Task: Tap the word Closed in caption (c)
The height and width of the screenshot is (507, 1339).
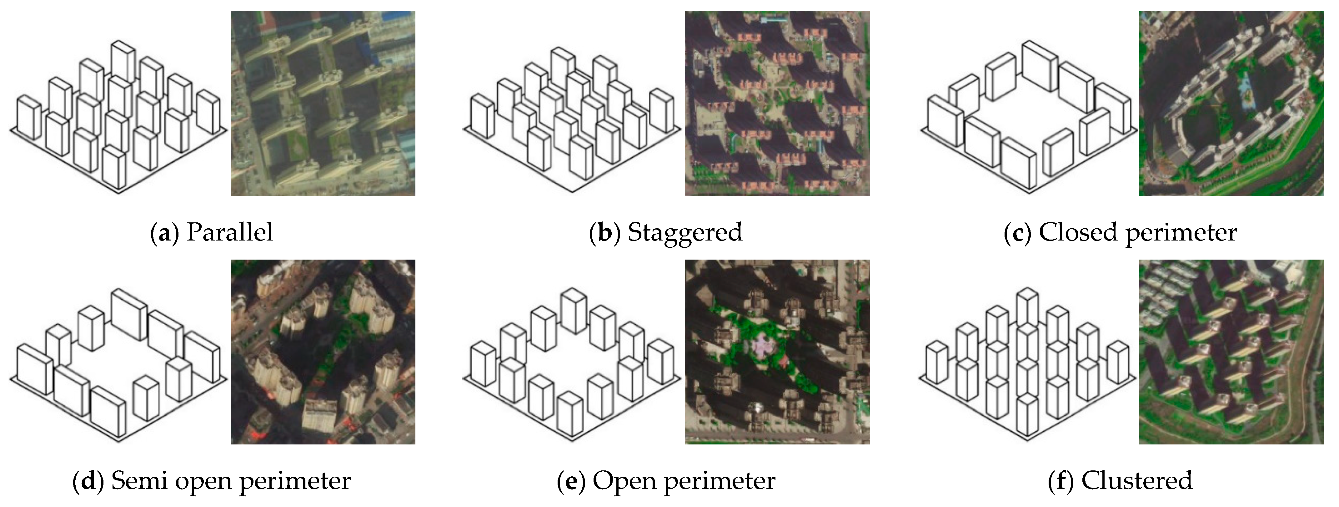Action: pyautogui.click(x=1077, y=232)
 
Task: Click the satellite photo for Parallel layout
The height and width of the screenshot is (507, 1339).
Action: pyautogui.click(x=323, y=104)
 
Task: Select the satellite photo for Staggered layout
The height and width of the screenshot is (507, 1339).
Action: pyautogui.click(x=777, y=104)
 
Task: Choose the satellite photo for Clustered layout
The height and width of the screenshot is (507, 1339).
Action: pyautogui.click(x=1231, y=352)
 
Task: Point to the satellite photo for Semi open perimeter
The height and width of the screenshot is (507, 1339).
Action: pyautogui.click(x=323, y=352)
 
